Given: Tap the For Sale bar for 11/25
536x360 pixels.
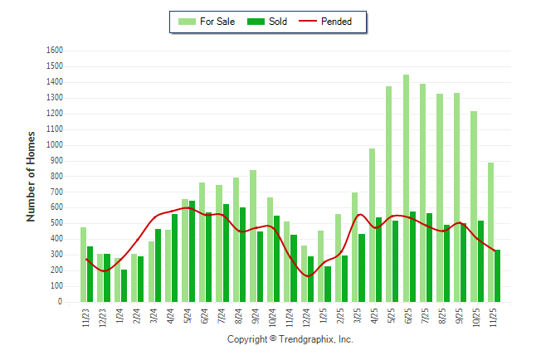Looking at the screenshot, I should (490, 232).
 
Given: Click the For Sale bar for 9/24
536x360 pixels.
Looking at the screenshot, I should (253, 236).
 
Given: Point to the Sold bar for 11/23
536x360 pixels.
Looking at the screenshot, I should (90, 275).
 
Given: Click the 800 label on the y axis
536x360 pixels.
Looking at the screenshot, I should (57, 177).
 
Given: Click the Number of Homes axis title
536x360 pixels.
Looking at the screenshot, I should (32, 176).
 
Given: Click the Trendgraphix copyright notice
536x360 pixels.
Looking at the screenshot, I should (290, 339).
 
